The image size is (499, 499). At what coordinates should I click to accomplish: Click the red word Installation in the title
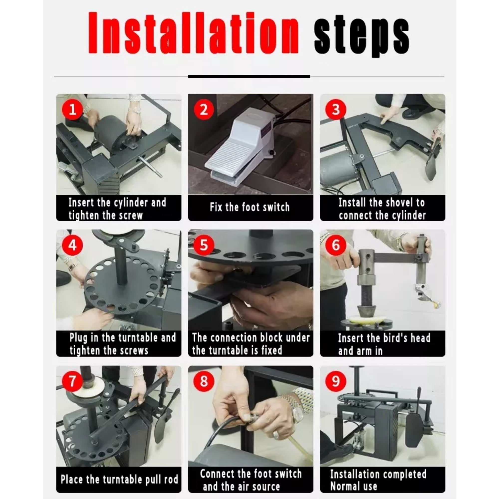tap(193, 33)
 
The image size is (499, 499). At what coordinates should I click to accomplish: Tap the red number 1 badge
tap(73, 109)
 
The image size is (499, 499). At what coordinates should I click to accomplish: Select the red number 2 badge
tap(204, 109)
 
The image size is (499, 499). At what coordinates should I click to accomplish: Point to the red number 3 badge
tap(336, 109)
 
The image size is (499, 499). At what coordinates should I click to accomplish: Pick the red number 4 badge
tap(73, 245)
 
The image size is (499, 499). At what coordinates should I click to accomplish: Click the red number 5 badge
tap(204, 245)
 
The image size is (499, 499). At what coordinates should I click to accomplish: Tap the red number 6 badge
tap(336, 245)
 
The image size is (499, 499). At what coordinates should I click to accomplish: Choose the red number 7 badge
tap(73, 381)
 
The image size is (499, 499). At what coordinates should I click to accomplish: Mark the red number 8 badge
tap(204, 381)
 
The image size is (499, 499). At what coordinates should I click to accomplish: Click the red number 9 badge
tap(336, 381)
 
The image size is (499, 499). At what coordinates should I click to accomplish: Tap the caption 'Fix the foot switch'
tap(250, 207)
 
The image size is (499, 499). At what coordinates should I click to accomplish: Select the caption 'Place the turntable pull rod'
tap(119, 480)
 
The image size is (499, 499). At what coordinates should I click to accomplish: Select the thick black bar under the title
tap(249, 76)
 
